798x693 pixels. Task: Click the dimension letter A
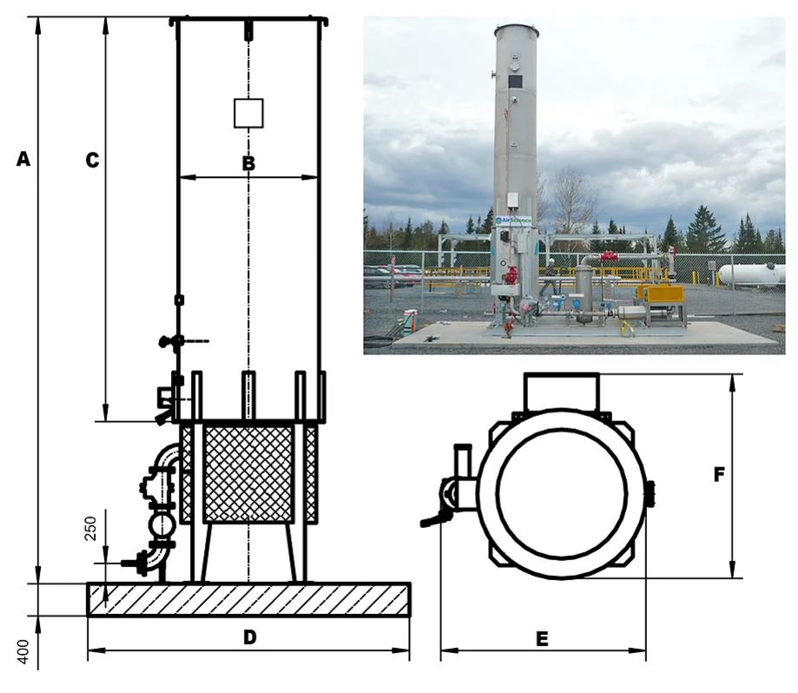(24, 159)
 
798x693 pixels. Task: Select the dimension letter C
(91, 160)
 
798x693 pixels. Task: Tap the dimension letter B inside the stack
(248, 162)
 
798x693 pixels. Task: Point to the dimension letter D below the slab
(249, 637)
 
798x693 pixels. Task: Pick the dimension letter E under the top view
(542, 639)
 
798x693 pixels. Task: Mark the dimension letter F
(719, 475)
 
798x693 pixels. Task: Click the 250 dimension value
(91, 525)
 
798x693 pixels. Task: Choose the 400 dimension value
(24, 652)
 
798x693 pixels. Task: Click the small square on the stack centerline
(248, 113)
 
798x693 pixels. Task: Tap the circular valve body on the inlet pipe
(162, 524)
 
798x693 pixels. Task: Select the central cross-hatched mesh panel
(248, 473)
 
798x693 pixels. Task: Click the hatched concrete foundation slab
(248, 599)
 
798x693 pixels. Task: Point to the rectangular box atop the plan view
(561, 391)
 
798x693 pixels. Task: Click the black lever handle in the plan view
(434, 521)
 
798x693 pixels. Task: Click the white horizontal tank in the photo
(751, 274)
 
